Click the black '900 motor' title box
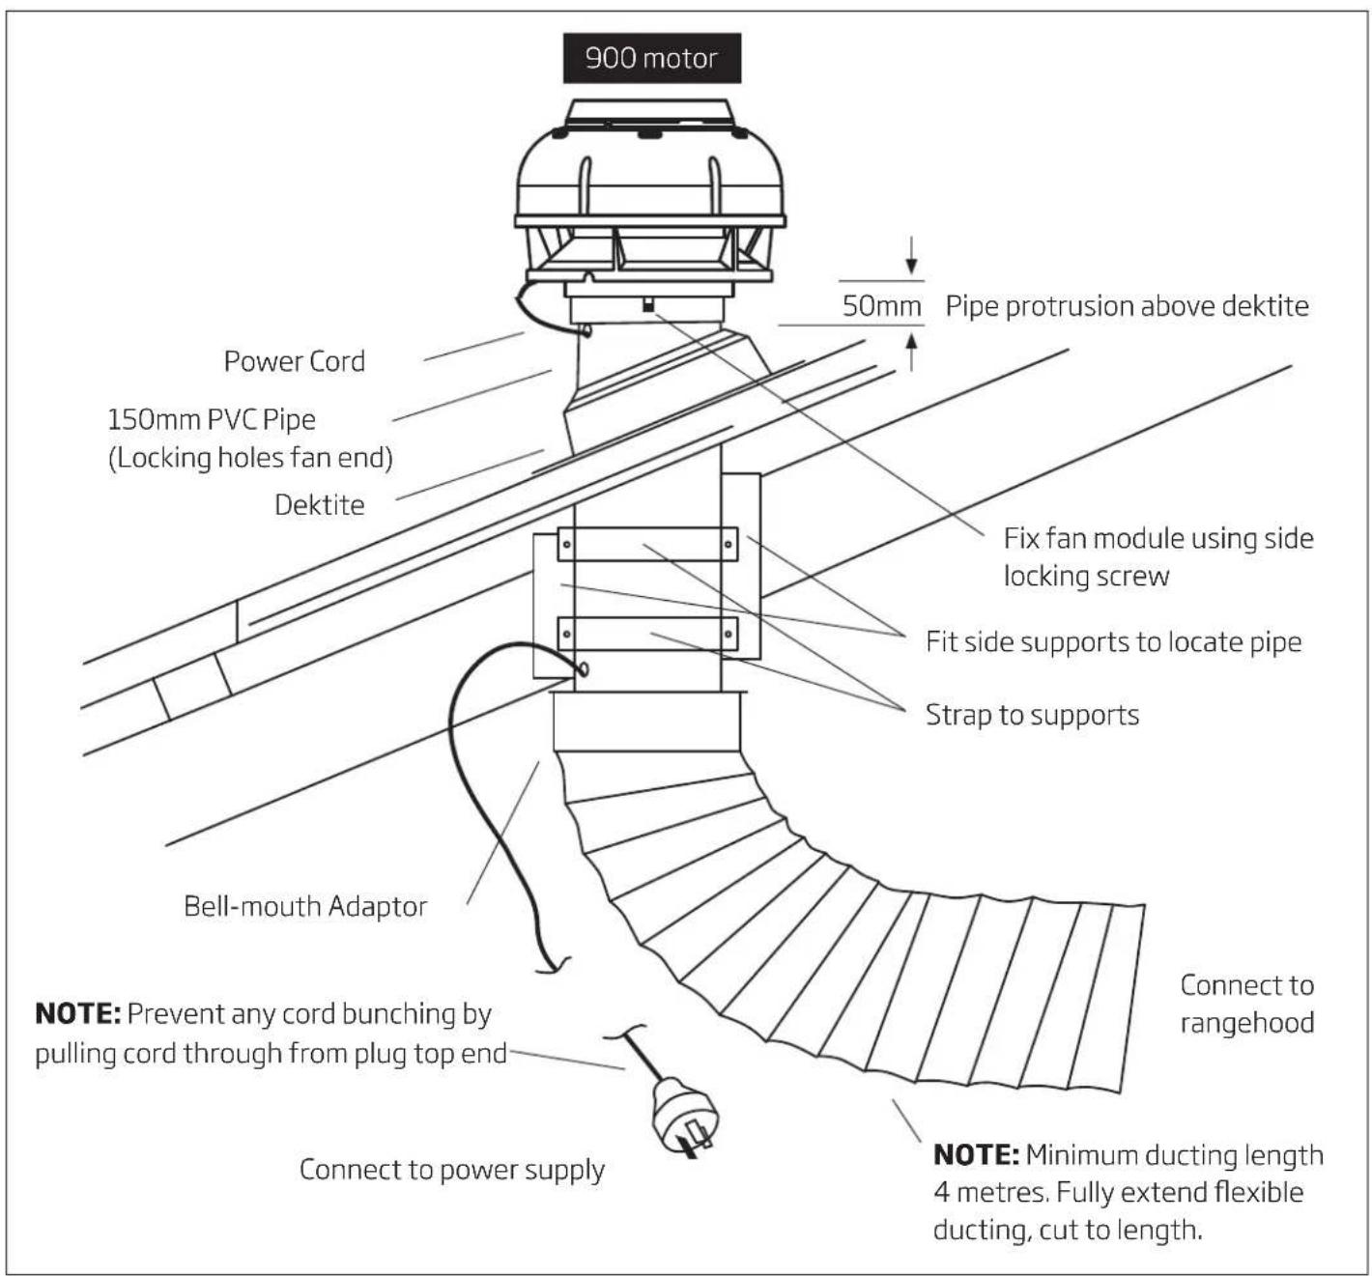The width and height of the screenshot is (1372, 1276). (652, 58)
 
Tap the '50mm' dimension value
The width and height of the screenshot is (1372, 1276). (881, 305)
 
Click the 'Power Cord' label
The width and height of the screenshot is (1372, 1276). (295, 361)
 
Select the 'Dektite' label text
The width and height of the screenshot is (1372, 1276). (319, 505)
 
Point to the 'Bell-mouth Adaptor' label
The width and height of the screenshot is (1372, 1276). (305, 906)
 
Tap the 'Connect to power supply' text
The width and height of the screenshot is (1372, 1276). (452, 1170)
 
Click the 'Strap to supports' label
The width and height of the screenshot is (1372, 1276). (1032, 715)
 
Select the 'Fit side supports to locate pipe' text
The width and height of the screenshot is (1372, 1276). (1114, 642)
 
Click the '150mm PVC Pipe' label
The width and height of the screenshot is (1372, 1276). (212, 419)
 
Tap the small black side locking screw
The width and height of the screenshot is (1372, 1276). (648, 304)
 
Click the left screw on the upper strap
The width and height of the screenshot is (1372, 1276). (566, 545)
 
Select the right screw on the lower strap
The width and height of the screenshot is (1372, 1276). (729, 635)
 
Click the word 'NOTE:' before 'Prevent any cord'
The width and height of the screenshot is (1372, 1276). (78, 1014)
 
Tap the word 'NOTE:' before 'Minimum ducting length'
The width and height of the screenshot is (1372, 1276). (976, 1154)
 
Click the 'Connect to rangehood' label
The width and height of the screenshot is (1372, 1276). (1247, 1004)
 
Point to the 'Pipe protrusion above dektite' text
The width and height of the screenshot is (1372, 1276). (1127, 306)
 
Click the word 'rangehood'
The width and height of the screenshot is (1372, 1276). (1247, 1023)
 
